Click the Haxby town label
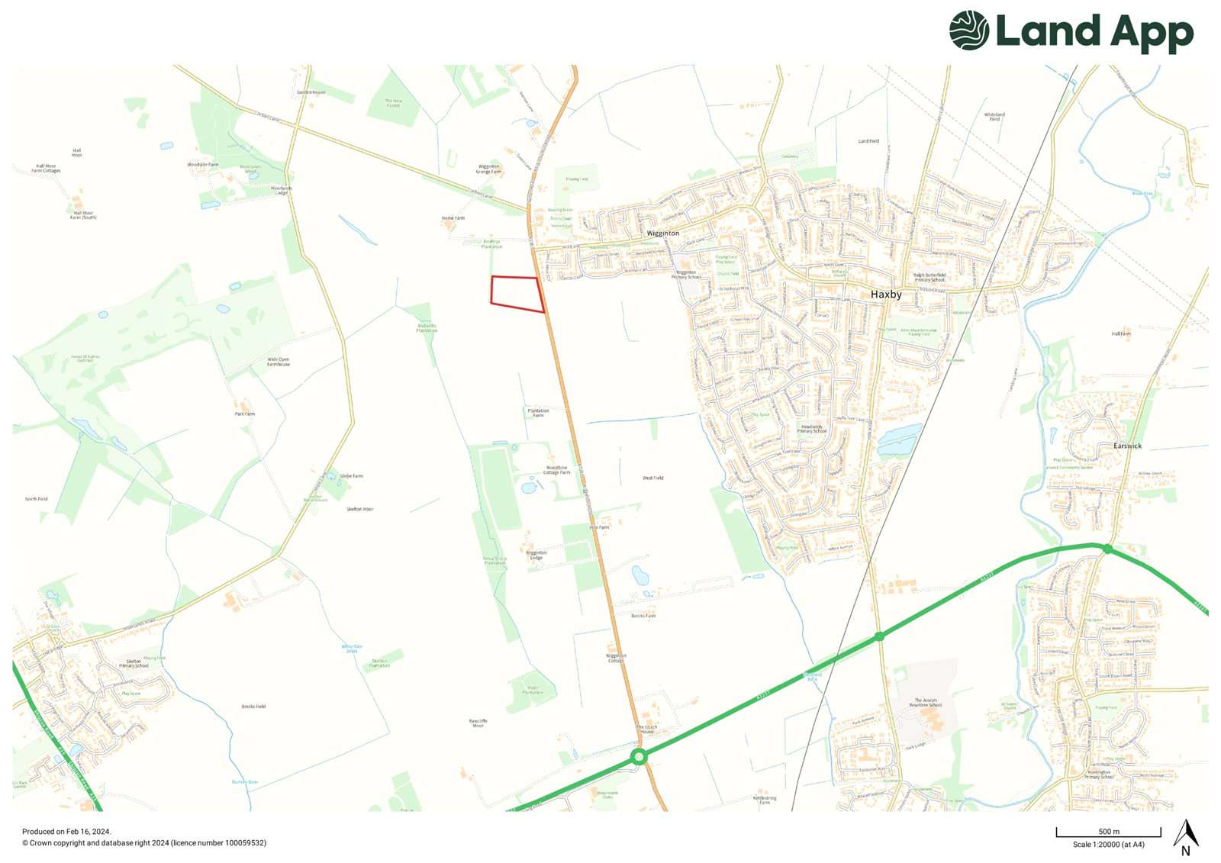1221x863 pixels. click(886, 294)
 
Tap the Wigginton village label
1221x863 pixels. click(662, 233)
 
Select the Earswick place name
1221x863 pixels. click(1127, 446)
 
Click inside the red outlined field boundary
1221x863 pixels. click(515, 292)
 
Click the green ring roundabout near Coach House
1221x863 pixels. click(639, 757)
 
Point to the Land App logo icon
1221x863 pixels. click(969, 31)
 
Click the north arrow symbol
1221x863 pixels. click(1185, 836)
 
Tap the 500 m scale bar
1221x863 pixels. click(1108, 832)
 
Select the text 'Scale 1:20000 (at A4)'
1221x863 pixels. click(1108, 845)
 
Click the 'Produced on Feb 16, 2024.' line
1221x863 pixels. click(66, 832)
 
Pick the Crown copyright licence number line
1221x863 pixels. click(144, 843)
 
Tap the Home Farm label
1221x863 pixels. click(453, 218)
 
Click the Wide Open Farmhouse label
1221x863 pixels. click(279, 362)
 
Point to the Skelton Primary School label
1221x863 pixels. click(134, 663)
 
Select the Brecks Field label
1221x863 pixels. click(253, 707)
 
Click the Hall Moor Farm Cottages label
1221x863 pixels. click(46, 168)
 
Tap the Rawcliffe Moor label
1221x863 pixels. click(478, 723)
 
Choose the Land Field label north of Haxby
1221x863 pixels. click(868, 141)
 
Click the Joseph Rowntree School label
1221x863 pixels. click(926, 702)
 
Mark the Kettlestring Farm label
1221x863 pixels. click(765, 800)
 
